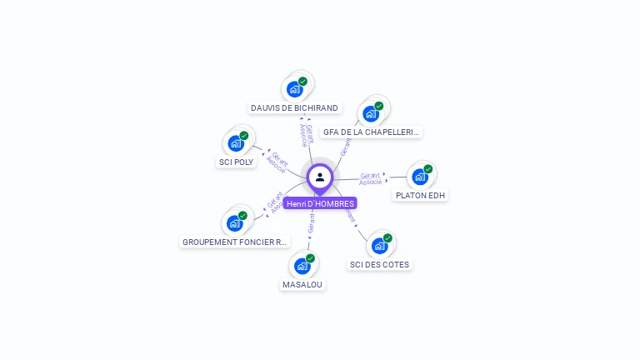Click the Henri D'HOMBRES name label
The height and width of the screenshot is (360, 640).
click(320, 203)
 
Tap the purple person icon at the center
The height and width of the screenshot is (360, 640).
click(320, 177)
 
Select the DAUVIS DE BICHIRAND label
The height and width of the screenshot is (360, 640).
click(294, 107)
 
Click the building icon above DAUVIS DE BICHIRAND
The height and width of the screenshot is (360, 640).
click(294, 88)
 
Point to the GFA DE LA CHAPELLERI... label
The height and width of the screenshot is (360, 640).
click(372, 132)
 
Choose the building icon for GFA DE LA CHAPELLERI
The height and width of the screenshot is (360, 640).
click(371, 113)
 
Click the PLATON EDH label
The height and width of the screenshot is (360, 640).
click(420, 195)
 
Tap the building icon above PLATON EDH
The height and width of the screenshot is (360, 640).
click(420, 177)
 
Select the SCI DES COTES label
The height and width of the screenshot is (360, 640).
click(380, 264)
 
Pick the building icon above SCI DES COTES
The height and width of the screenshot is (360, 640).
click(379, 246)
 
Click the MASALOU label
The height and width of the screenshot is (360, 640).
click(302, 284)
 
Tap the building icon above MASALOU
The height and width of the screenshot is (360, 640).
click(302, 266)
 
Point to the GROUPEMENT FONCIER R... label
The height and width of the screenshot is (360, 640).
click(234, 242)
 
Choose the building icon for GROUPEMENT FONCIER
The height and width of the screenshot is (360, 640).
click(235, 223)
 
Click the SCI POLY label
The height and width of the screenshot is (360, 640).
click(236, 162)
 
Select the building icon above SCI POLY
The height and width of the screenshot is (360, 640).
click(236, 143)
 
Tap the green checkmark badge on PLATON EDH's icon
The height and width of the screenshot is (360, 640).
click(428, 169)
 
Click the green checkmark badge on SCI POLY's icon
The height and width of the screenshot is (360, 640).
click(244, 136)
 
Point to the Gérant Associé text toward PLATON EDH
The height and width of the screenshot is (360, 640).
click(371, 178)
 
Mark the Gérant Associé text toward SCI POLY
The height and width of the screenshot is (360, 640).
click(277, 163)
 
